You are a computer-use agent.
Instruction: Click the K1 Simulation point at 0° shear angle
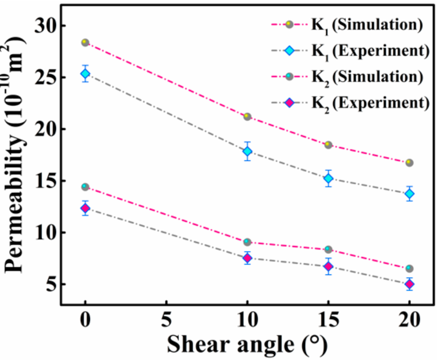85,43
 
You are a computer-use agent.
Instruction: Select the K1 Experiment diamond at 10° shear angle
247,151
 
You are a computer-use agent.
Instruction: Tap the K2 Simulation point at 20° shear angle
409,268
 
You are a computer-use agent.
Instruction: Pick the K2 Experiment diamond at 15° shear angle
328,266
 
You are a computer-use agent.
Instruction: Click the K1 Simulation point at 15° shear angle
328,145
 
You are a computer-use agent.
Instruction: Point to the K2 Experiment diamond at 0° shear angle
85,208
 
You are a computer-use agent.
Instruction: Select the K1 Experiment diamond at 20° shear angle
409,194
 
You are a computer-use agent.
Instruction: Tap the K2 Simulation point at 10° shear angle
247,242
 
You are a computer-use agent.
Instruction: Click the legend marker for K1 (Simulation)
289,24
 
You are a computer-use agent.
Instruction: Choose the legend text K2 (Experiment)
370,103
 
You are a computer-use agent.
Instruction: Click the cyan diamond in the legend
289,50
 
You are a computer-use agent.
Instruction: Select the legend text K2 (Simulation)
367,77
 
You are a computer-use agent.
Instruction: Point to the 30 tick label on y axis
46,26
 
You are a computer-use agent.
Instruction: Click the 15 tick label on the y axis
46,181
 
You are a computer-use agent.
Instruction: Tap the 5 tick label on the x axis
166,319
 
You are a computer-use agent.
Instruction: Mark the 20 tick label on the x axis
409,319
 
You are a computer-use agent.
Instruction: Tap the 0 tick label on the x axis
85,319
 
